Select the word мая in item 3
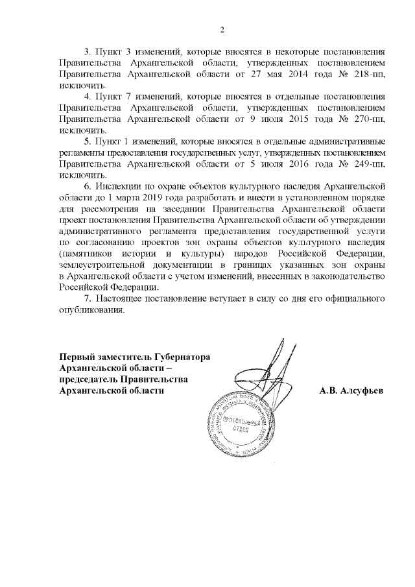[265, 74]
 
